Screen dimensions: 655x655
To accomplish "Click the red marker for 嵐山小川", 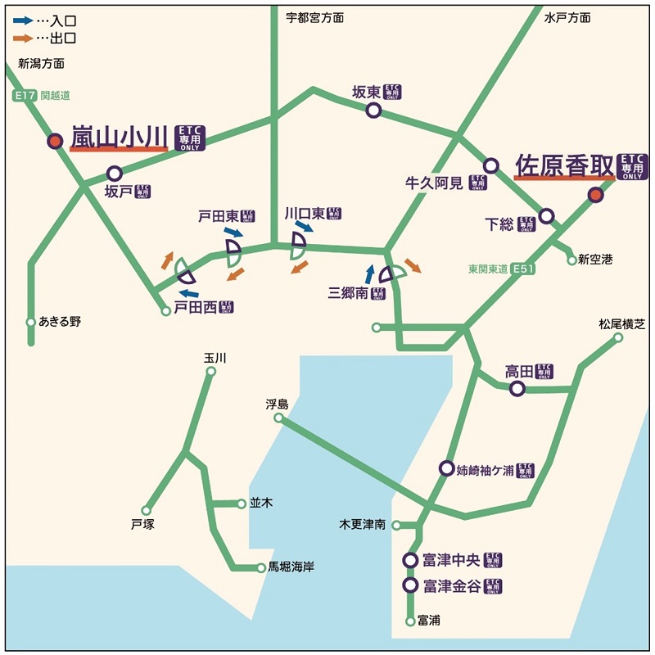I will (x=55, y=141).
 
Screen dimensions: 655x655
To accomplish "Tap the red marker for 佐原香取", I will (x=596, y=195).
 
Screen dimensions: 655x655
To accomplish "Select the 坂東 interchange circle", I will (x=373, y=110).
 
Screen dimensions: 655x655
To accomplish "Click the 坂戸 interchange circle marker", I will (x=115, y=174).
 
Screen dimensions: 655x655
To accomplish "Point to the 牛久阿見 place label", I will (x=435, y=182).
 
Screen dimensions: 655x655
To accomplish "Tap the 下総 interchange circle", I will (x=546, y=216).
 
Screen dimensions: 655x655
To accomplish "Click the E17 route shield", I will (x=25, y=96).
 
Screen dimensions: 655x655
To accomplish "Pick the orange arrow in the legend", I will (x=23, y=38).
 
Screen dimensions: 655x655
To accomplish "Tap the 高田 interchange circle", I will (x=517, y=389).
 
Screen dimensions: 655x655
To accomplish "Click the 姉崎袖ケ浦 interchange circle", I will (x=446, y=468).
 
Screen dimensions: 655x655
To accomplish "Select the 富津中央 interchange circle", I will (x=411, y=560).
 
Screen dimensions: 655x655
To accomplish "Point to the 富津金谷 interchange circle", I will (x=411, y=585).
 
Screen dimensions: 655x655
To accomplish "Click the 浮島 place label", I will (x=278, y=404).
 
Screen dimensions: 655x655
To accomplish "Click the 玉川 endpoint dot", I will (x=210, y=372).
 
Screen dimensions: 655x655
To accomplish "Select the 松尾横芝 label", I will (x=622, y=324).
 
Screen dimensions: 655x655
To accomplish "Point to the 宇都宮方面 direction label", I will (x=314, y=17).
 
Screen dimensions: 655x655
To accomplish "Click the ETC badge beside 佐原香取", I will (x=632, y=166).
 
